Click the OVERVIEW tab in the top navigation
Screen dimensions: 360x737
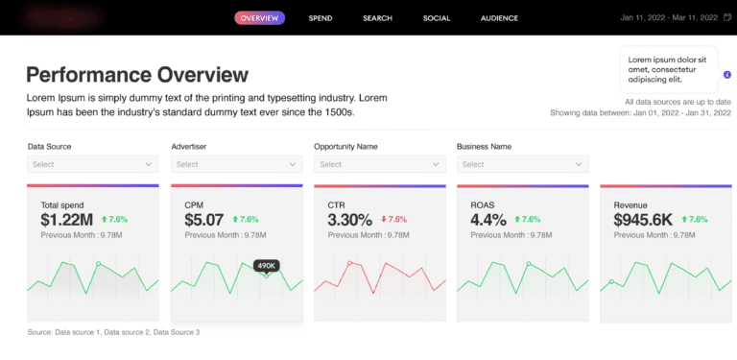pyautogui.click(x=259, y=18)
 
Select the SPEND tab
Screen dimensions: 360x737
pyautogui.click(x=321, y=18)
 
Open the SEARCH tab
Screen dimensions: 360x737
pyautogui.click(x=377, y=18)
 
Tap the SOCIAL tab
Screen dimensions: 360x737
pyautogui.click(x=437, y=18)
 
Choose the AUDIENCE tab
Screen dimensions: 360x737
pyautogui.click(x=499, y=18)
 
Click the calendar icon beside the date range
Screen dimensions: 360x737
pyautogui.click(x=726, y=18)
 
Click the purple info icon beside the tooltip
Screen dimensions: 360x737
pyautogui.click(x=726, y=74)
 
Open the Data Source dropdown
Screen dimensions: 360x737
pyautogui.click(x=90, y=164)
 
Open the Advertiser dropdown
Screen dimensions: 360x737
pyautogui.click(x=234, y=164)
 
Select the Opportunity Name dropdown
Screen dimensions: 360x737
pyautogui.click(x=377, y=164)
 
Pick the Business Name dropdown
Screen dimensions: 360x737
pyautogui.click(x=521, y=164)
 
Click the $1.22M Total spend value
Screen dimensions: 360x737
pyautogui.click(x=65, y=220)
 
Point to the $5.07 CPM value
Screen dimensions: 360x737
pyautogui.click(x=203, y=220)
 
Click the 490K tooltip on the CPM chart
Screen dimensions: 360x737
pyautogui.click(x=266, y=265)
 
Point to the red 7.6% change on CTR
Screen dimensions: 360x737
pyautogui.click(x=393, y=220)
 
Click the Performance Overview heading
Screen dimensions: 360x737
pyautogui.click(x=137, y=75)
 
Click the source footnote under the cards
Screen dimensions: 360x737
pyautogui.click(x=113, y=332)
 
